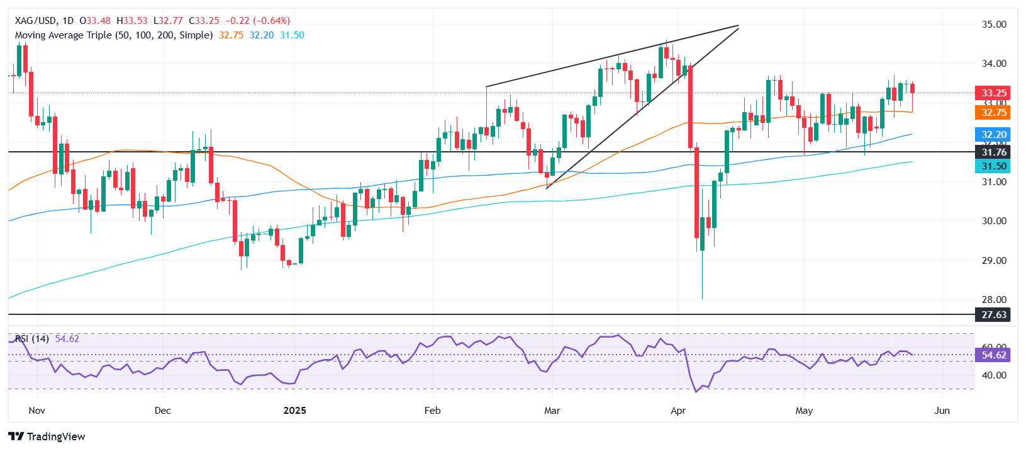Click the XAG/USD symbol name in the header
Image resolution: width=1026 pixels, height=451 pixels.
tap(35, 21)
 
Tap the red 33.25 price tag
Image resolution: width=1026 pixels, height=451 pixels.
tap(992, 93)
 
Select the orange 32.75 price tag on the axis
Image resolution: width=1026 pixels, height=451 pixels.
tap(992, 113)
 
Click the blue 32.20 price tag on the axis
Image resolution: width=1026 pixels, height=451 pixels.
tap(992, 134)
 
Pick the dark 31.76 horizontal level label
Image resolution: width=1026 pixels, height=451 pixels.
tap(992, 152)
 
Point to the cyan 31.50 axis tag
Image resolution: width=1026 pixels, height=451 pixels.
tap(992, 166)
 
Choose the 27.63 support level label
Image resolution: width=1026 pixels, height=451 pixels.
tap(992, 314)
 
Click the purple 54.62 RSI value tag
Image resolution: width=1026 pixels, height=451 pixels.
tap(992, 355)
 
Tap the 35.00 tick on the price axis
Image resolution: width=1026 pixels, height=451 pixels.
tap(994, 25)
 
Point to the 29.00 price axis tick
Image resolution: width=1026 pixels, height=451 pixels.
tap(994, 260)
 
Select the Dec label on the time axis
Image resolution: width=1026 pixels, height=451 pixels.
tap(162, 411)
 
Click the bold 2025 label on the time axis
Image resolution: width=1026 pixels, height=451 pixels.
tap(294, 411)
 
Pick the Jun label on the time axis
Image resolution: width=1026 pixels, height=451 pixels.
tap(942, 411)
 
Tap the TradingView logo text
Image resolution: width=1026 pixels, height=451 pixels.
tap(55, 437)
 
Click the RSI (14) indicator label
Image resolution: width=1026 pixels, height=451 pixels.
tap(32, 339)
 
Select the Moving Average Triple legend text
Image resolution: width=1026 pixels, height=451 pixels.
tap(113, 35)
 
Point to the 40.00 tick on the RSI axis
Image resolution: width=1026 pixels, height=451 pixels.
tap(994, 375)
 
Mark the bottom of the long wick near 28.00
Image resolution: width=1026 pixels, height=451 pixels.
tap(702, 299)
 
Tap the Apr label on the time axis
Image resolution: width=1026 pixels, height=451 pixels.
tap(678, 411)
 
